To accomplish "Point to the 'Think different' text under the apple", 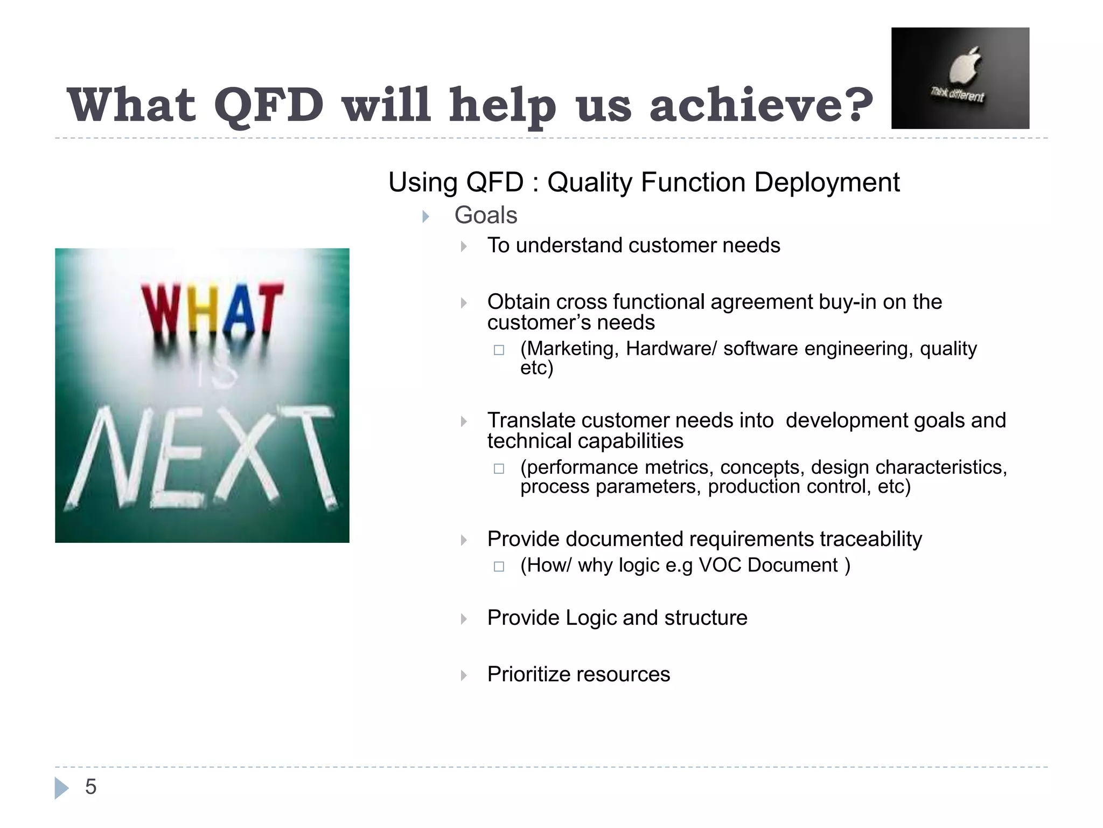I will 957,96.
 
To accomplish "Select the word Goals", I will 485,215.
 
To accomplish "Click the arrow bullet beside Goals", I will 425,217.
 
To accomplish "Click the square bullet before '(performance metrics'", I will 499,468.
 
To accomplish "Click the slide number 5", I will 90,787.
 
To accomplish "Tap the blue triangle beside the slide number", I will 61,788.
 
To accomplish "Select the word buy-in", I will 847,302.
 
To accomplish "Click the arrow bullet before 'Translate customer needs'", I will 464,422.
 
